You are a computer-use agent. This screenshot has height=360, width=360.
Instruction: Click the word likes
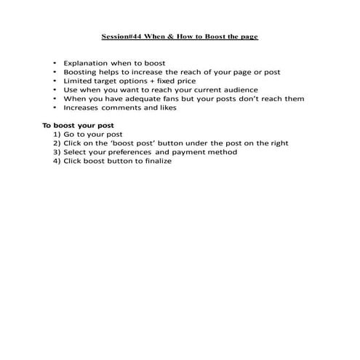point(166,108)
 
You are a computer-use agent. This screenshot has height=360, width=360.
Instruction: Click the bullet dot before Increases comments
point(55,108)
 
